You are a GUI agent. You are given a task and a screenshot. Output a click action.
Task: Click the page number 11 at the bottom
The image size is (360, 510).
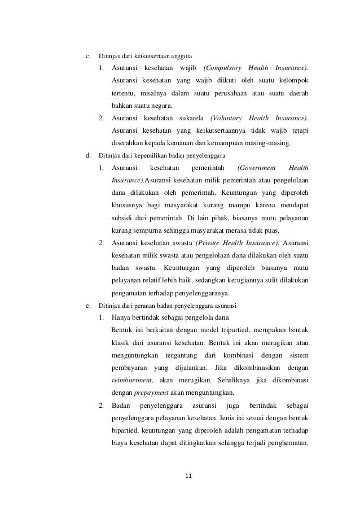pyautogui.click(x=189, y=475)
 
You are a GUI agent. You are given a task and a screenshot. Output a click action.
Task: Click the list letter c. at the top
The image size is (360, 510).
pyautogui.click(x=87, y=56)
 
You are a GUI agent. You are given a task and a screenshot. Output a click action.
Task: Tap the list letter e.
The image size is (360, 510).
pyautogui.click(x=87, y=306)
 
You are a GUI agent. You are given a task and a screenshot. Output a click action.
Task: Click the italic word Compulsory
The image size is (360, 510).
pyautogui.click(x=222, y=68)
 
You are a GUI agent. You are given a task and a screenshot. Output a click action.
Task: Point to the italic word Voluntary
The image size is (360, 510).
pyautogui.click(x=226, y=118)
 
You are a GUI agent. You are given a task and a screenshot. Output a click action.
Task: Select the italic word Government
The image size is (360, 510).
pyautogui.click(x=257, y=168)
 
